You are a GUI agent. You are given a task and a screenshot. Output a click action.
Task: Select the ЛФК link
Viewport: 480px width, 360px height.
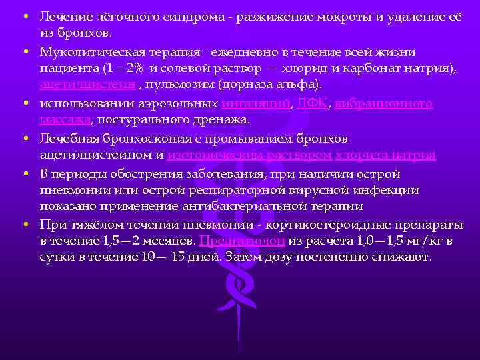[313, 103]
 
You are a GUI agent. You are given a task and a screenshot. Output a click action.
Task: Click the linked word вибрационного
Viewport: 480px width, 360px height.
[383, 103]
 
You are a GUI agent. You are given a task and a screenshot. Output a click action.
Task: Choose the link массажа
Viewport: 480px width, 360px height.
[64, 120]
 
